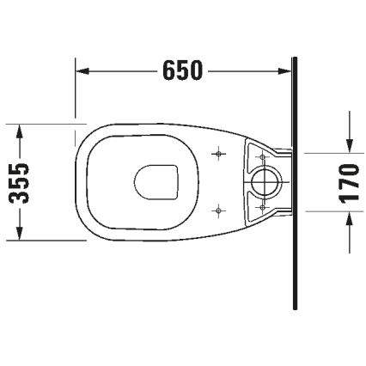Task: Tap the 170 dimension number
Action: pyautogui.click(x=349, y=182)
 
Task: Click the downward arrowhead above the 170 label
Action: pyautogui.click(x=349, y=143)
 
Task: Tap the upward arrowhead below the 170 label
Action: pyautogui.click(x=349, y=222)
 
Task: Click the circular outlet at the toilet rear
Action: pyautogui.click(x=266, y=181)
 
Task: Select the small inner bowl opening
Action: pyautogui.click(x=156, y=181)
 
